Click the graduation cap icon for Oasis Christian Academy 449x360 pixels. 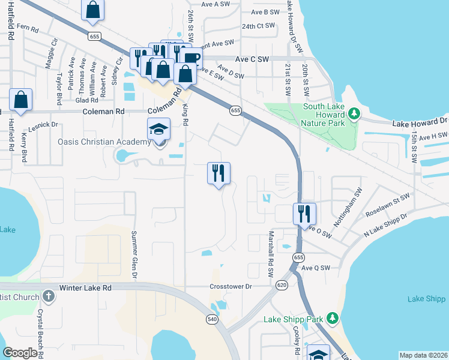tap(159, 130)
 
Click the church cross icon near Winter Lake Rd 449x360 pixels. tap(49, 297)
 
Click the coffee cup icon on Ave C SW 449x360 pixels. tap(191, 58)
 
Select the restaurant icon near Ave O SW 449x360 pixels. tap(304, 214)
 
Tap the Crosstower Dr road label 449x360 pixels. tap(231, 287)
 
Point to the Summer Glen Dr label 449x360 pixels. tap(134, 255)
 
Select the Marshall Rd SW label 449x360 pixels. tap(271, 253)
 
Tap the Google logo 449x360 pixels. tap(20, 353)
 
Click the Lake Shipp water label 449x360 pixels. tap(426, 299)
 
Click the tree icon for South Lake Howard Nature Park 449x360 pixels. tap(354, 113)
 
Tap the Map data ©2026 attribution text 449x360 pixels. tap(423, 355)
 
